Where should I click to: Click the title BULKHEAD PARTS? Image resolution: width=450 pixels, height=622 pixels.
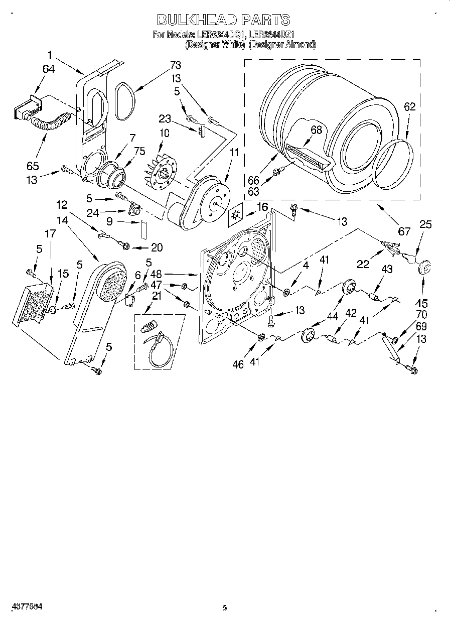click(x=224, y=20)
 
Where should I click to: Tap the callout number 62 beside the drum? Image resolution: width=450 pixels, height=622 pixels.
click(x=410, y=106)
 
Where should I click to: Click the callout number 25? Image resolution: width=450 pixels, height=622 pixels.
click(x=425, y=224)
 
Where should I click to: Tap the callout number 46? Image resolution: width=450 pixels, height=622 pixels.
click(x=238, y=364)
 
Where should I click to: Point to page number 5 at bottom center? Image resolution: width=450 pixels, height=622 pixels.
click(x=224, y=608)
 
